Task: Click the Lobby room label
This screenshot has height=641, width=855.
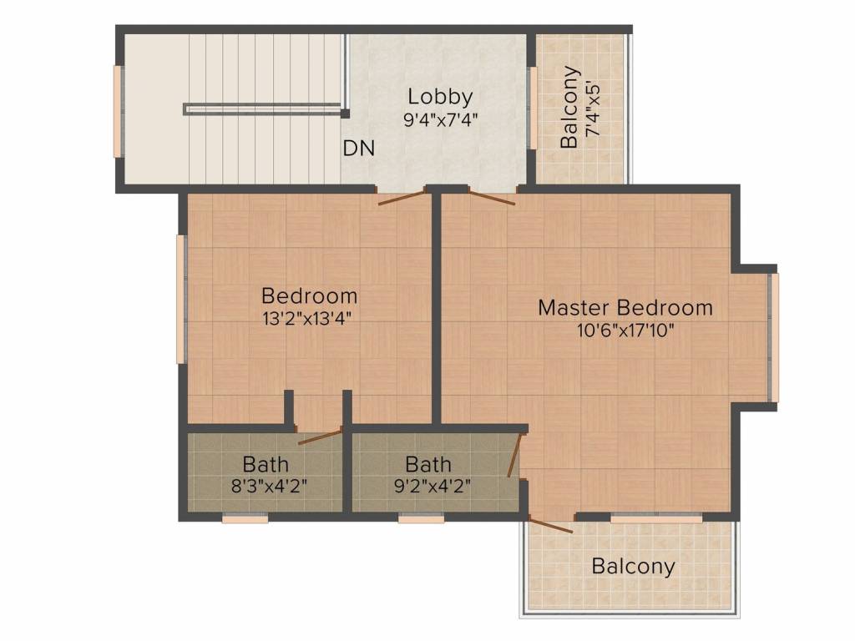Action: click(440, 97)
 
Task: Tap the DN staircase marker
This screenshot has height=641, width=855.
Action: click(359, 148)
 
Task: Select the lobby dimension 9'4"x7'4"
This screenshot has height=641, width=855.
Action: click(441, 119)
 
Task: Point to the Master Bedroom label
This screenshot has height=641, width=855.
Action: click(625, 307)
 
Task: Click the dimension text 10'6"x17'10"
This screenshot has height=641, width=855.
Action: click(626, 330)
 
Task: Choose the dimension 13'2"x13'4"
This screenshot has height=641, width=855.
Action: click(306, 318)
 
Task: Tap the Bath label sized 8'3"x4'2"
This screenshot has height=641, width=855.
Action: click(266, 464)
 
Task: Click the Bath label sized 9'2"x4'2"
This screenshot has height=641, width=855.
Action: click(428, 464)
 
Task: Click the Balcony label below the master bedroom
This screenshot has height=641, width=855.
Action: click(633, 567)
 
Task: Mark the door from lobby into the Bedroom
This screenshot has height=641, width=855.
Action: click(402, 197)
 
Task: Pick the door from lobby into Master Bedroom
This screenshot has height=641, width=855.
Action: click(492, 197)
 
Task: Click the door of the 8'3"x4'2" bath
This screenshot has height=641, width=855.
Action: click(320, 437)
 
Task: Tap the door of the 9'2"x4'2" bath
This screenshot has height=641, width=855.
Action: click(515, 455)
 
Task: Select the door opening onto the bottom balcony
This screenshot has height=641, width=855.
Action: click(551, 524)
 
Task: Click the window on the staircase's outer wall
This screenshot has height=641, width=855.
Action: click(117, 112)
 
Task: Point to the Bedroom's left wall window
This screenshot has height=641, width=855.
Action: click(181, 299)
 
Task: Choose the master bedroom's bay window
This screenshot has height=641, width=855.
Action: click(774, 338)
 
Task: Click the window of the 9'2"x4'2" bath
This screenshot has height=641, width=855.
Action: click(421, 519)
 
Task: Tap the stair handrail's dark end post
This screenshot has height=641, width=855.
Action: click(345, 114)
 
